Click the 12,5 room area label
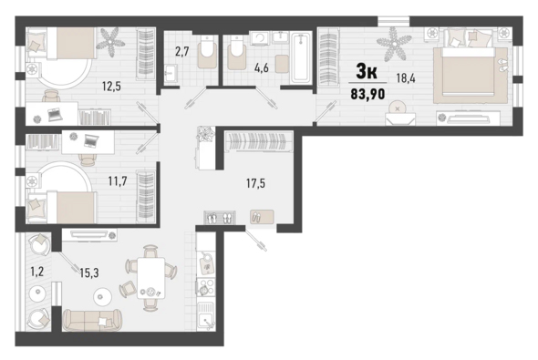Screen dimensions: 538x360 111,87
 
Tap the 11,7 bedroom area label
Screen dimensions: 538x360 118,180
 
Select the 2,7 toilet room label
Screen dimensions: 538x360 181,52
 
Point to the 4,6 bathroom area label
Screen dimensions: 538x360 261,67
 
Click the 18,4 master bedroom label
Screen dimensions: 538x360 406,78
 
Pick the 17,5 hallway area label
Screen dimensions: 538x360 255,183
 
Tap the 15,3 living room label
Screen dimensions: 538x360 89,273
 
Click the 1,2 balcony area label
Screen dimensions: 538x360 37,272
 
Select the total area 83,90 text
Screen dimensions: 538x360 367,94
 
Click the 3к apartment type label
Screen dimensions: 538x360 367,72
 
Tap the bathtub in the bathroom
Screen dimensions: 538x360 301,57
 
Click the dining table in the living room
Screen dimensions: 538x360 150,278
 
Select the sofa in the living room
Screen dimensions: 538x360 92,320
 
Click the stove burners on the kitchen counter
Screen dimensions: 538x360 205,286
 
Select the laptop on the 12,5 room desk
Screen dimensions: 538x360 55,114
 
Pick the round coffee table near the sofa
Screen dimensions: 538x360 102,296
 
